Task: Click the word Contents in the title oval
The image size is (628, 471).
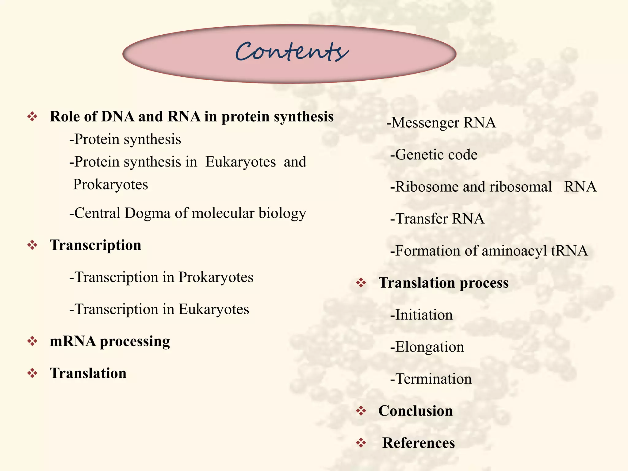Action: [x=291, y=52]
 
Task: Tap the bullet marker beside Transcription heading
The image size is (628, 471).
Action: [x=32, y=245]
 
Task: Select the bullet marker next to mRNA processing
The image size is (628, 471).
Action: [x=32, y=341]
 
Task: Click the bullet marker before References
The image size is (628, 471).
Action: [x=361, y=443]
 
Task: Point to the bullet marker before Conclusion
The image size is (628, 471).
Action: [x=361, y=411]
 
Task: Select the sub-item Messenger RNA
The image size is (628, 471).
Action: [x=441, y=123]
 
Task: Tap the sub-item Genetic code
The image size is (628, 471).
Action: [x=434, y=155]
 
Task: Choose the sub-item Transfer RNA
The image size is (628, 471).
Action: [x=437, y=219]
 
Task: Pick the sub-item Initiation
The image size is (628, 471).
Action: [x=421, y=315]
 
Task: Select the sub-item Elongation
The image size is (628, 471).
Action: [x=427, y=347]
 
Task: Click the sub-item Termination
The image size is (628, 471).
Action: [x=431, y=379]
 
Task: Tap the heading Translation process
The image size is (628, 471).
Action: [x=443, y=283]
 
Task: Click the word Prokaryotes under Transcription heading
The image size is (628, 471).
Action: [x=216, y=278]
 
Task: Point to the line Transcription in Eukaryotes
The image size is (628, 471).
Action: [x=159, y=309]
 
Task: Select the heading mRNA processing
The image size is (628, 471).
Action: [x=110, y=341]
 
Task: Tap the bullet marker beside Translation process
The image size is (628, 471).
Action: [x=361, y=283]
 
